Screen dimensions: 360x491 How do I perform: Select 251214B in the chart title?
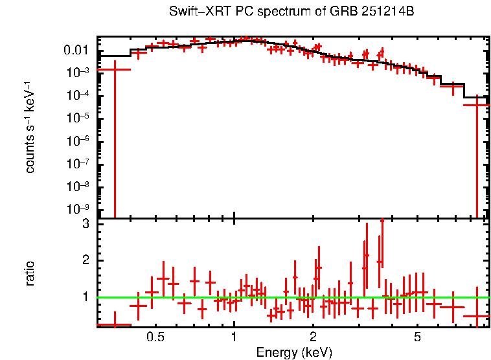377,12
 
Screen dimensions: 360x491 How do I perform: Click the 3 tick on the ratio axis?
85,224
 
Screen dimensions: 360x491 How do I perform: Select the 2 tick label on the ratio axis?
85,260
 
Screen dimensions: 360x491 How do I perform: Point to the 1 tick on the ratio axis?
85,297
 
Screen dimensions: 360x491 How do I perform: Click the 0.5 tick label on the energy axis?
155,337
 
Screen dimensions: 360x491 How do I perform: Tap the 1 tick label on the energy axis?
234,337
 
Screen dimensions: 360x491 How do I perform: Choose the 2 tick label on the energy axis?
313,337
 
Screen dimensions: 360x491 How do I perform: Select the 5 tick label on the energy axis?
417,337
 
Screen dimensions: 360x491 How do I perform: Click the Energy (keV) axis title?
293,352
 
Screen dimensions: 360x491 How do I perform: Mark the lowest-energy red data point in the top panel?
114,69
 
